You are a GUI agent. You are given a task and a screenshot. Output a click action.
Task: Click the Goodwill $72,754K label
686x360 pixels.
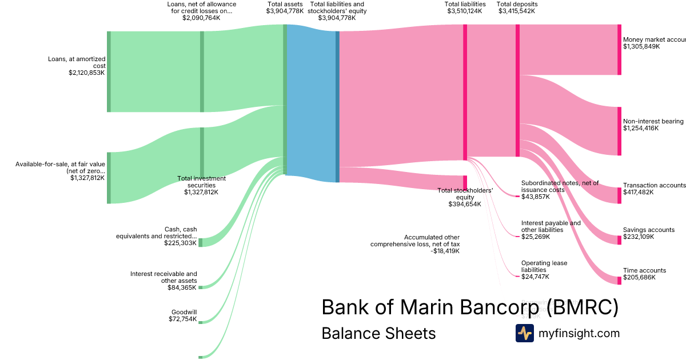click(x=184, y=315)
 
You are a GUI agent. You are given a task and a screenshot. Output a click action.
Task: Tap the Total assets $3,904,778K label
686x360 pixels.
click(x=285, y=7)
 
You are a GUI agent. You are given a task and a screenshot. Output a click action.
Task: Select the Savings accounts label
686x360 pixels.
click(x=648, y=233)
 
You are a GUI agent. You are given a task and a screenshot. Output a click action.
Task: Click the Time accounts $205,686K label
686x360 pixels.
click(x=644, y=274)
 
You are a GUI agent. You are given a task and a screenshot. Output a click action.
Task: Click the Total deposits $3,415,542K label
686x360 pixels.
click(x=517, y=7)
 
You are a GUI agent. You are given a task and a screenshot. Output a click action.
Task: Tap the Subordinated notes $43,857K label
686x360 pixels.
click(x=560, y=190)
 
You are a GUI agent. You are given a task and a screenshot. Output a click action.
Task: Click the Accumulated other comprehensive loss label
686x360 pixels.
click(x=415, y=244)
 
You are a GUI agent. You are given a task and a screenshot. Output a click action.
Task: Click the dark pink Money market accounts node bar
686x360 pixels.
click(x=619, y=50)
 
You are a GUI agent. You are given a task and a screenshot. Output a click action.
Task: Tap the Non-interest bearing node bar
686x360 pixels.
click(x=619, y=131)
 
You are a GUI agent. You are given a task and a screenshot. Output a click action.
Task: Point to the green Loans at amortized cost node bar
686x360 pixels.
click(x=109, y=72)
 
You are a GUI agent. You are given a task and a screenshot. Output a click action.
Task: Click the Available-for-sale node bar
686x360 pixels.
click(x=109, y=178)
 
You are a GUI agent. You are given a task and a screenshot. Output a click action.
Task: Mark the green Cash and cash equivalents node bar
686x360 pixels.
click(x=200, y=242)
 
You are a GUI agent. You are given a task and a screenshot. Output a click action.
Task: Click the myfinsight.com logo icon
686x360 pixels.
click(x=524, y=333)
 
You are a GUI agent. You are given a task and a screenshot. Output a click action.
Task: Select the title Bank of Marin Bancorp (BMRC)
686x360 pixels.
click(x=470, y=307)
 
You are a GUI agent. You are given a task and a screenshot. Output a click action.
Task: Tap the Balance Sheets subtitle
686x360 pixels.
click(x=378, y=334)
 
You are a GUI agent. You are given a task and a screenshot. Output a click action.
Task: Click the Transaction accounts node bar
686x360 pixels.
click(x=619, y=195)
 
